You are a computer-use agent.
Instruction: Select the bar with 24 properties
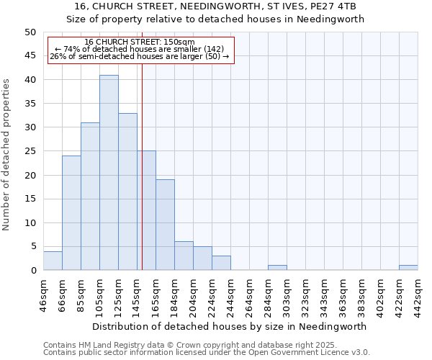pos(71,213)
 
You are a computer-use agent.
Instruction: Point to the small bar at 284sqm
pos(277,268)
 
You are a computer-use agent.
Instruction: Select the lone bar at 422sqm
pos(408,268)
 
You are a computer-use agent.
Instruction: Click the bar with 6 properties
pos(184,256)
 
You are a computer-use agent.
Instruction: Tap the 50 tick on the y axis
pos(30,32)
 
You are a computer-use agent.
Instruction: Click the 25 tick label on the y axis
pos(30,151)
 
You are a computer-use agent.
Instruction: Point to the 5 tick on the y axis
pos(32,246)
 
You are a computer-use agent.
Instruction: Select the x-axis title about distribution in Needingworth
pos(230,326)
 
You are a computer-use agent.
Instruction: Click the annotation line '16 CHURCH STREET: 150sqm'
pos(139,42)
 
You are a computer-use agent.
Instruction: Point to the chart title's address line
pos(216,6)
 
